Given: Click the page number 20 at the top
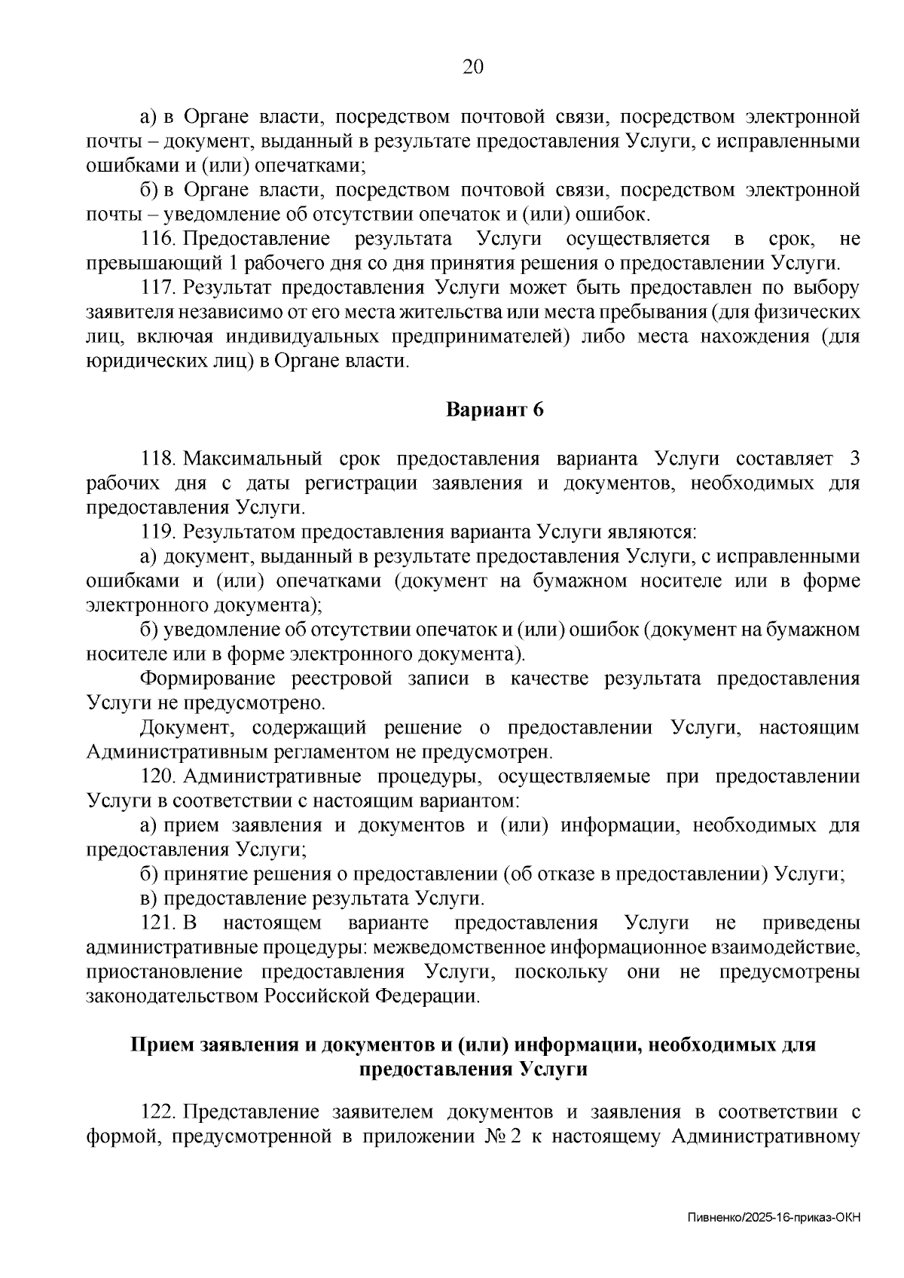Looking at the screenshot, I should (x=472, y=67).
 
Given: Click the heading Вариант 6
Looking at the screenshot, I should (x=495, y=410).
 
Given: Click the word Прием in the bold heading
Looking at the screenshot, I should (x=161, y=1045).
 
